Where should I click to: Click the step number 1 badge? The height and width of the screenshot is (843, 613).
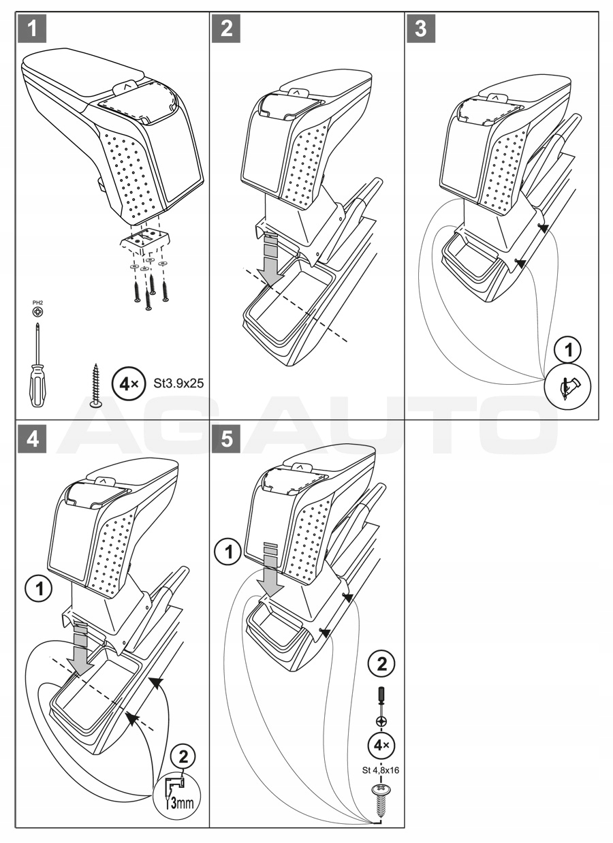(x=32, y=28)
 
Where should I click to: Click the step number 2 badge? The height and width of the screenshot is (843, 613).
(x=226, y=28)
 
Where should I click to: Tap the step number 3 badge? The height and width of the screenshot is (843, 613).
(x=421, y=28)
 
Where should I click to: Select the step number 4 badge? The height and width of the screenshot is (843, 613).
(x=32, y=439)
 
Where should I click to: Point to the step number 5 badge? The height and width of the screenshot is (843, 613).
(x=226, y=439)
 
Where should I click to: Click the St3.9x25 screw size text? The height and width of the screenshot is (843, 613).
(x=178, y=383)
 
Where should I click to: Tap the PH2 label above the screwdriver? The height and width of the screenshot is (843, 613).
(x=38, y=302)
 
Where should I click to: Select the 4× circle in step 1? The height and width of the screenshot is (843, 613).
(x=129, y=384)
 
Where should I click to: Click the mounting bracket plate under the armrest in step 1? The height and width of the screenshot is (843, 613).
(x=145, y=239)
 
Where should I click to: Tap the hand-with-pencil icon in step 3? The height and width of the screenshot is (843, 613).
(x=568, y=386)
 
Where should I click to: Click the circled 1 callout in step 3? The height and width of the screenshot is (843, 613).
(x=568, y=350)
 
